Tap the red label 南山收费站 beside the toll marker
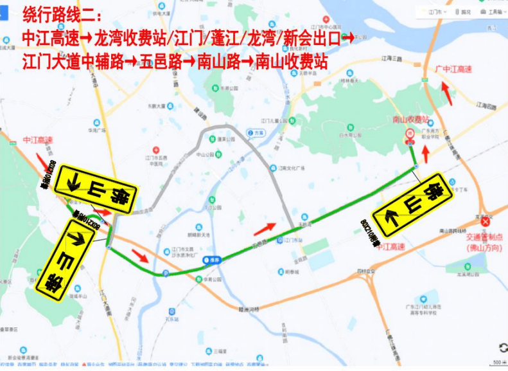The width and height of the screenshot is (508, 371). pos(410,120)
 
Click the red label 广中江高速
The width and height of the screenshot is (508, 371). pos(453,69)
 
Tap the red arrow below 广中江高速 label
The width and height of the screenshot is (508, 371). pos(447,93)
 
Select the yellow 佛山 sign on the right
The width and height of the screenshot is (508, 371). pos(416,203)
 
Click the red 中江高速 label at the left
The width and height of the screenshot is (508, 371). pos(37,140)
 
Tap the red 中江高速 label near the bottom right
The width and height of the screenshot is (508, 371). pos(391,246)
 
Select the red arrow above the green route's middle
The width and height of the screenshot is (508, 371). pos(265,228)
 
